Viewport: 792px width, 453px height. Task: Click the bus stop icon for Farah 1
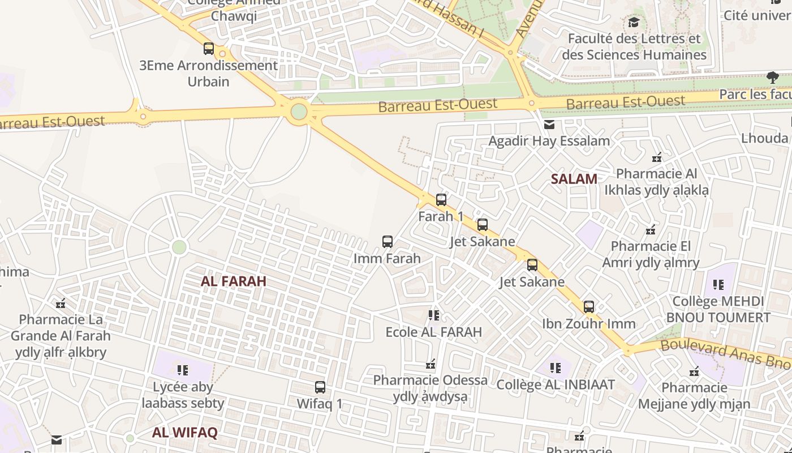coord(441,199)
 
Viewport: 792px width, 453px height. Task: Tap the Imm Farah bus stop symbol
coord(387,242)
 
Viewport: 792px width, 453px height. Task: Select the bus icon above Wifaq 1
coord(320,387)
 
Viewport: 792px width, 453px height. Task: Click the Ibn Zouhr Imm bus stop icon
coord(589,307)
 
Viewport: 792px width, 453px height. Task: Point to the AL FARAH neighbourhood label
coord(233,281)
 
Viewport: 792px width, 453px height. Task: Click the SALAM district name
coord(574,180)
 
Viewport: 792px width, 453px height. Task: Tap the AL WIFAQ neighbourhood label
coord(184,433)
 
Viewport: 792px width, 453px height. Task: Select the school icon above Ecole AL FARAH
coord(433,315)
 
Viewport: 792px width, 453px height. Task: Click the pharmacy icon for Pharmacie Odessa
coord(431,364)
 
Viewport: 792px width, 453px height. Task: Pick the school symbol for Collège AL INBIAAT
coord(555,368)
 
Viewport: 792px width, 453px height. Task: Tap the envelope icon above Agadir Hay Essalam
coord(549,125)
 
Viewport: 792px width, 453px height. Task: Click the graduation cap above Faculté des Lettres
coord(634,23)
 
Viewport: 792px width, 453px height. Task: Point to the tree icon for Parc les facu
coord(772,77)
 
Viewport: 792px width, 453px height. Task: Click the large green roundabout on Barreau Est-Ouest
coord(299,112)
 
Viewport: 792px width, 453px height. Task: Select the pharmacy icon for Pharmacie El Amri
coord(651,230)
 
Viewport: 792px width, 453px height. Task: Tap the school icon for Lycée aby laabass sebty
coord(182,370)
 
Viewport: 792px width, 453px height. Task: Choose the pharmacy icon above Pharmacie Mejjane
coord(694,371)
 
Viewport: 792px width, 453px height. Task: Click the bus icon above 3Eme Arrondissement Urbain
coord(209,49)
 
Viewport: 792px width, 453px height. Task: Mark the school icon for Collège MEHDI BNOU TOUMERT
coord(718,284)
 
